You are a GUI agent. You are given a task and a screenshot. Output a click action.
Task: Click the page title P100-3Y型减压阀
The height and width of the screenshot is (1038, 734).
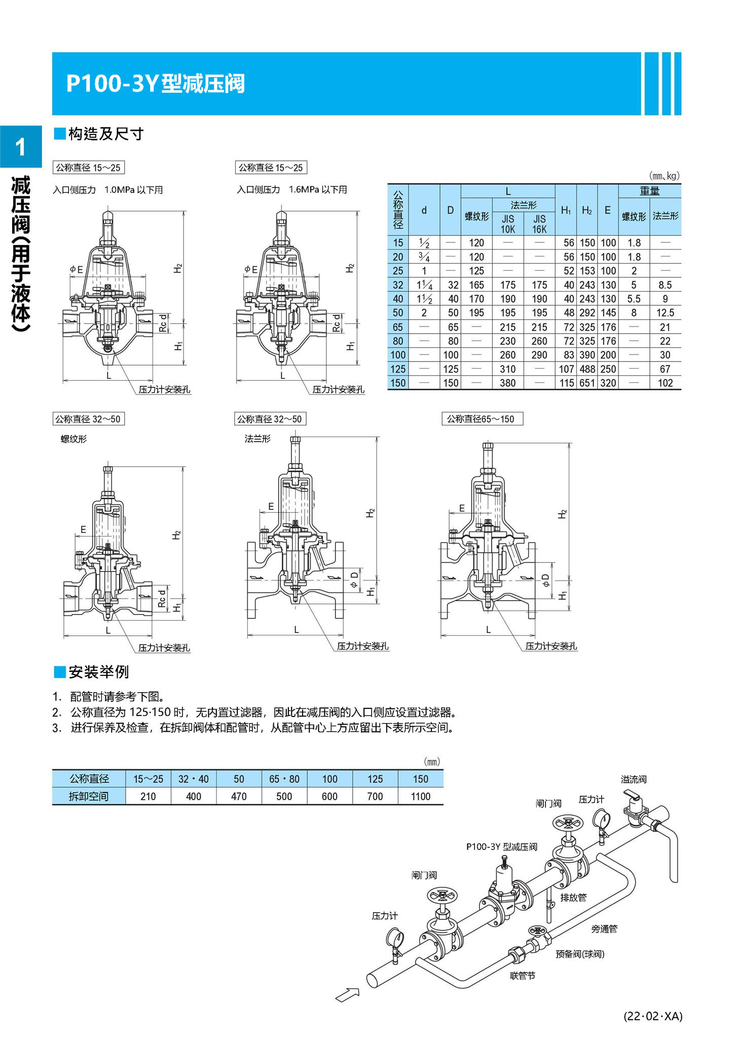[155, 84]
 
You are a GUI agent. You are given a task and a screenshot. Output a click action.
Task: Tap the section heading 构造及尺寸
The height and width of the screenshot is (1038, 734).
[105, 134]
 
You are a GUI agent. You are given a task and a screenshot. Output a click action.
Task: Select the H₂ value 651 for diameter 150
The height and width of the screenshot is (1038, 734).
[587, 383]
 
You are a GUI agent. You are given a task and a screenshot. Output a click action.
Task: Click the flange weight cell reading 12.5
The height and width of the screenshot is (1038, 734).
[665, 313]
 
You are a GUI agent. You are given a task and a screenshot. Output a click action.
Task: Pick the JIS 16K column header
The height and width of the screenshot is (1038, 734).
[539, 224]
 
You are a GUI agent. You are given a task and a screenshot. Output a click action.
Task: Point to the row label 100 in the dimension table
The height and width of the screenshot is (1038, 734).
[398, 355]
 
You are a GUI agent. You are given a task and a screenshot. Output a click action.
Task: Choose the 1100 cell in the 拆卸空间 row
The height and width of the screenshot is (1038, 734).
[420, 796]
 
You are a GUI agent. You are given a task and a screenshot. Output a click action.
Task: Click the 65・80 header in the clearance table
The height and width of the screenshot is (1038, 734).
[284, 779]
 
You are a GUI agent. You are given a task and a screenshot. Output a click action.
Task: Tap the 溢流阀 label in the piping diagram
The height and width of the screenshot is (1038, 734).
[634, 779]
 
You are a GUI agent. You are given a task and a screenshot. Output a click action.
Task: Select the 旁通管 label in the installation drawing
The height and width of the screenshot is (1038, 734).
[604, 928]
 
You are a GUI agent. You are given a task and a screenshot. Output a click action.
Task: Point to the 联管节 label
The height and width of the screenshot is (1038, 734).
[522, 976]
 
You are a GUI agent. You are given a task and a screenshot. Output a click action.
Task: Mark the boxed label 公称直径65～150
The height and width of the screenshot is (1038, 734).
[482, 419]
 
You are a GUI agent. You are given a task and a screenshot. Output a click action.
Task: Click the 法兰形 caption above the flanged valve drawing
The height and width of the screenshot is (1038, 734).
[258, 439]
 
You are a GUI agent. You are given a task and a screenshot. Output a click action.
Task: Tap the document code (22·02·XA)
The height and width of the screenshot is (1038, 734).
[653, 1016]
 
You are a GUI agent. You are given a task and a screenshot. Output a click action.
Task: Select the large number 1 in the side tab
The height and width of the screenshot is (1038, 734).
[21, 148]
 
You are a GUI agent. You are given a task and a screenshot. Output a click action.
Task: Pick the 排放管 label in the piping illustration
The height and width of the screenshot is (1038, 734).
[573, 897]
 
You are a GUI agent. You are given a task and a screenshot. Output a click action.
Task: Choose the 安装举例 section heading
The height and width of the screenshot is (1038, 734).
[98, 672]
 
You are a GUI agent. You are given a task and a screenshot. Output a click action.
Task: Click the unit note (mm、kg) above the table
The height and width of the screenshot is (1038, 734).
[664, 176]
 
